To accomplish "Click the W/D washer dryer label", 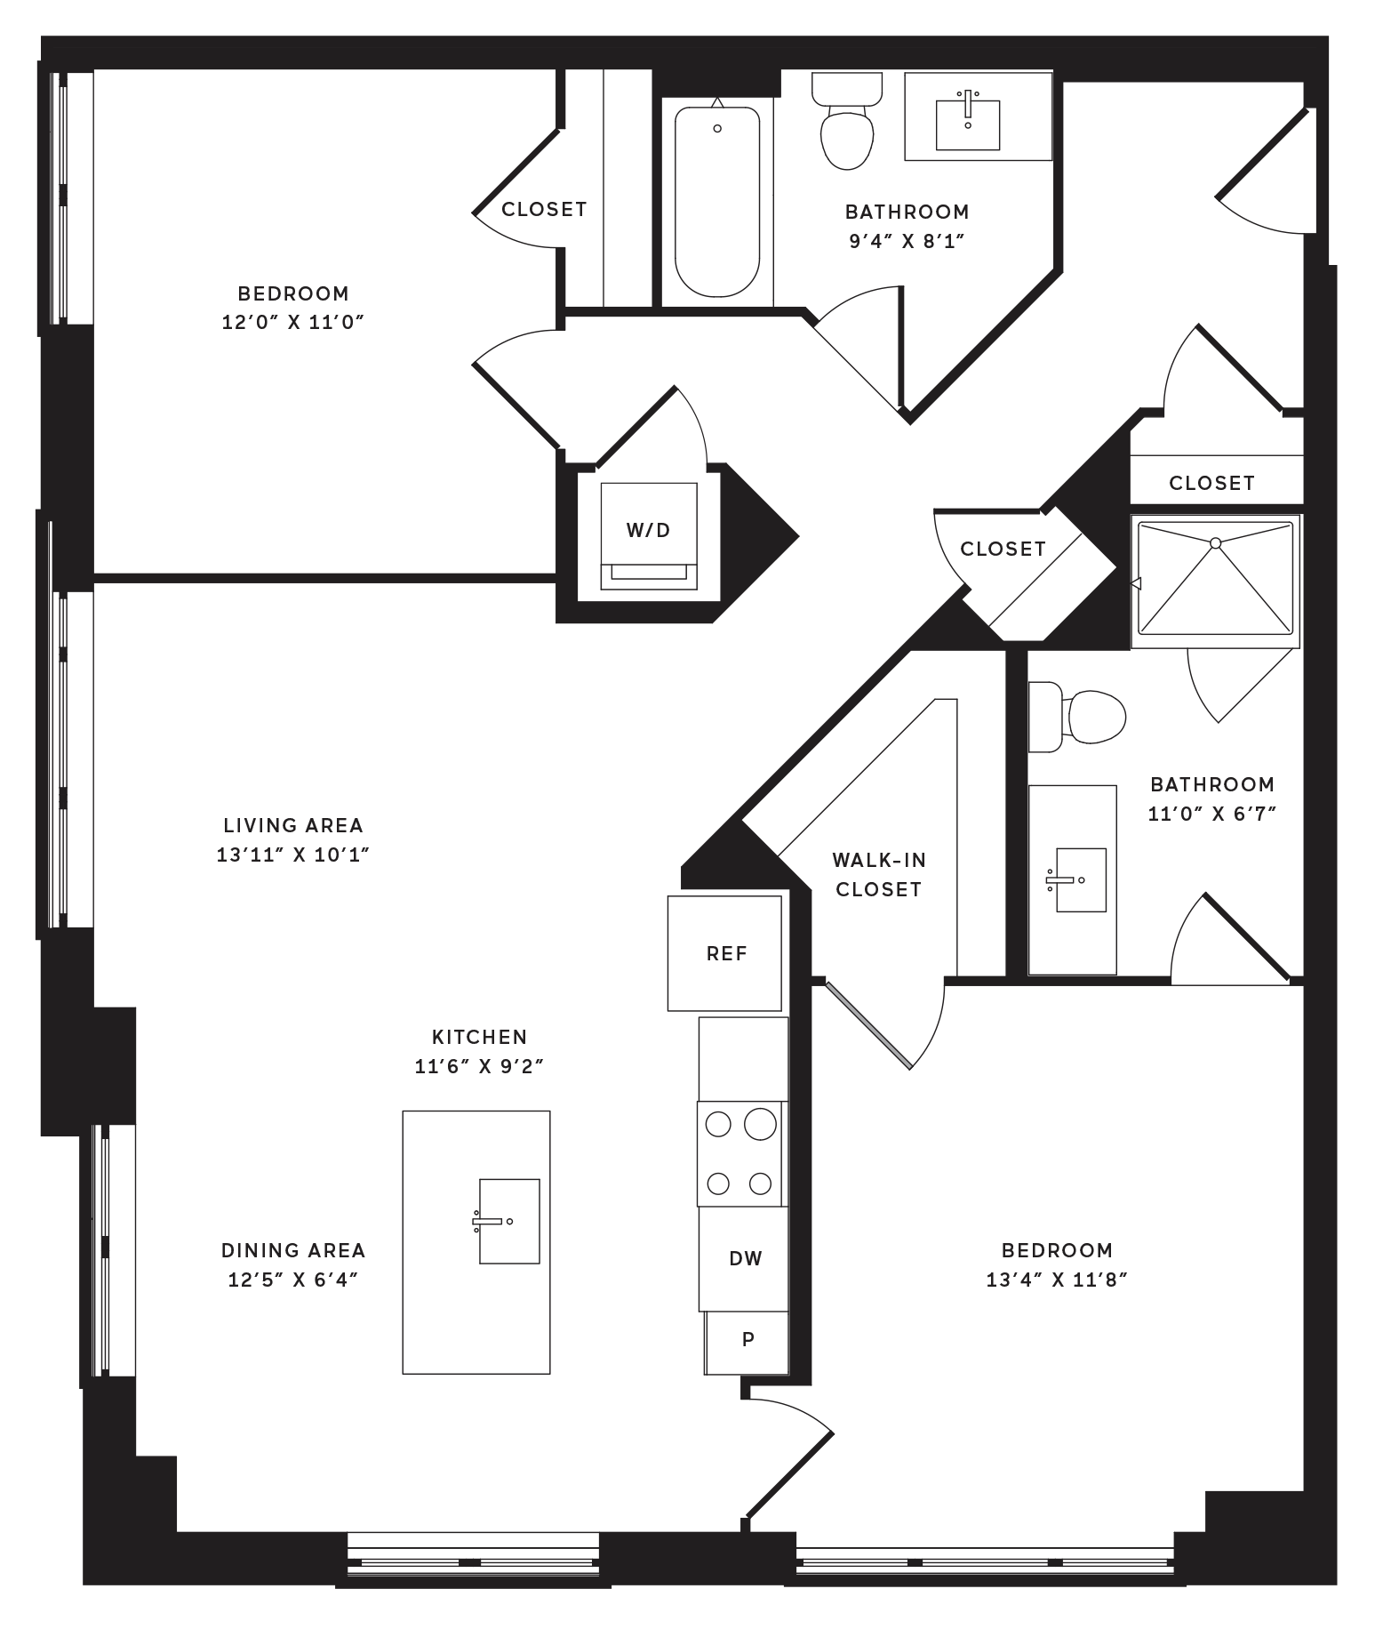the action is (648, 531).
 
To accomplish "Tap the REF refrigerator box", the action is (724, 953).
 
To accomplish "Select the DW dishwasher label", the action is (746, 1258).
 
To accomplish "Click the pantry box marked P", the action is (747, 1343).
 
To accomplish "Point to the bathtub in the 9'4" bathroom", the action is (717, 202).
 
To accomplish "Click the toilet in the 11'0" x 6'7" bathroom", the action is (1076, 717).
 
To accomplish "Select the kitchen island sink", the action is (508, 1221).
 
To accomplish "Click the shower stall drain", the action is (1215, 542).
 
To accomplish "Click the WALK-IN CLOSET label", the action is (879, 875).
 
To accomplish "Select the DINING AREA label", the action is (293, 1250).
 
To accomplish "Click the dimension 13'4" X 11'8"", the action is (1057, 1280).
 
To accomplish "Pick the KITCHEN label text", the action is (480, 1037).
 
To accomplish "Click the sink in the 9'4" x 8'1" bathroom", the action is (968, 124).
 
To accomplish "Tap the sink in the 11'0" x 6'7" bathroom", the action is (1079, 880).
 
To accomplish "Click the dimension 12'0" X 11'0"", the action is (293, 322).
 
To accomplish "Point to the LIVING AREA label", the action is (293, 826).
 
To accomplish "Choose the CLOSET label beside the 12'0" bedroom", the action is (544, 210).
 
